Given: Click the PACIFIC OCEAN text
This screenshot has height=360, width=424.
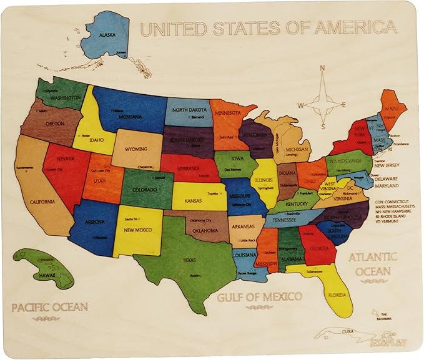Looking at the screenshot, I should click(49, 307).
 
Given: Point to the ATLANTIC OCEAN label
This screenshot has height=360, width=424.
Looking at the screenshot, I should click(373, 264).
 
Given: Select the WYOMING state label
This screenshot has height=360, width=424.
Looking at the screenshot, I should click(136, 149).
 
